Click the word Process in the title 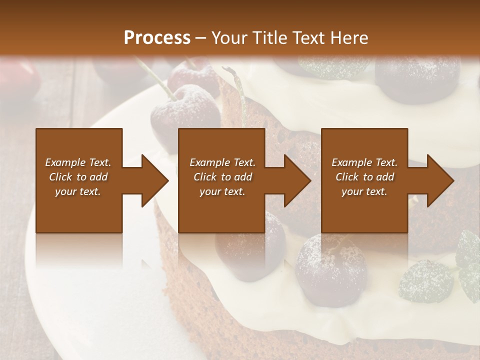(x=157, y=37)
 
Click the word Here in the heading (x=349, y=37)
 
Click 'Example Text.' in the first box (x=78, y=162)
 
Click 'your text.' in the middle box (x=222, y=191)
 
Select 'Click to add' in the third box (x=364, y=177)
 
